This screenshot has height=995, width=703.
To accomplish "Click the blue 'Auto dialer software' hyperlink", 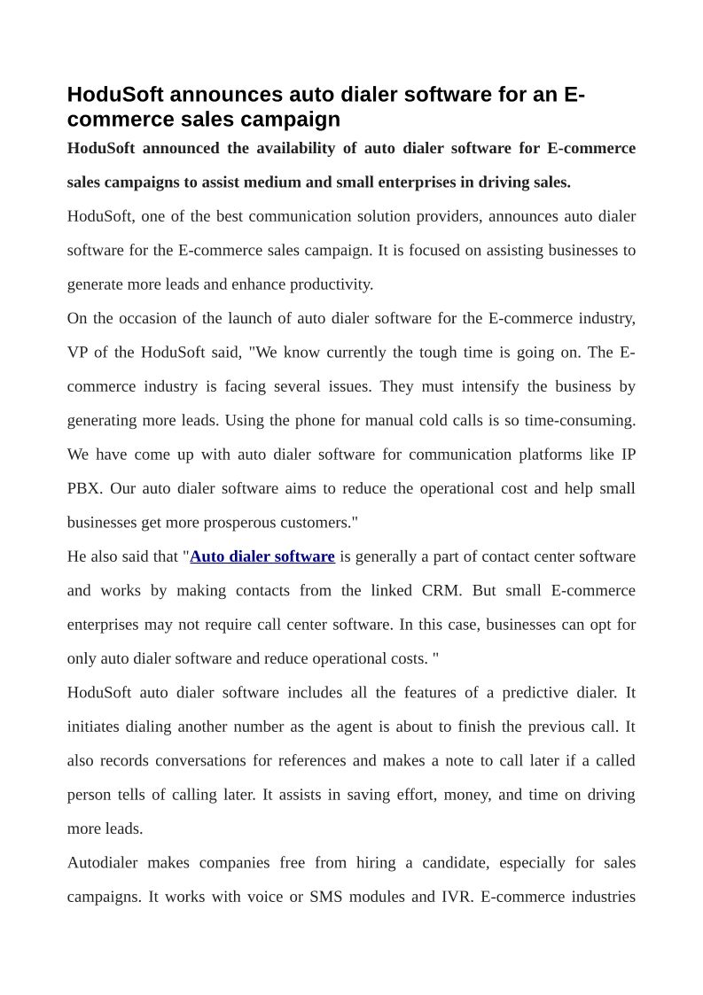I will click(262, 556).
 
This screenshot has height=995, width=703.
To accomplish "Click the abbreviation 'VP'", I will click(78, 353).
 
